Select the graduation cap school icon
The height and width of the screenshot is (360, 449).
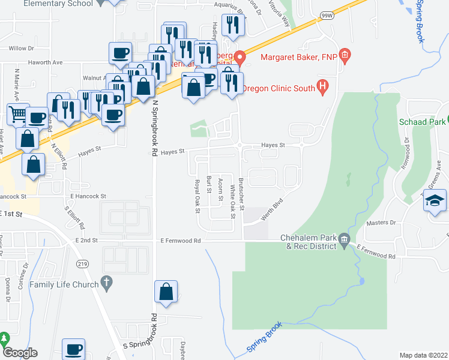tap(435, 200)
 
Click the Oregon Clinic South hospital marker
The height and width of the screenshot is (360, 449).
tap(323, 88)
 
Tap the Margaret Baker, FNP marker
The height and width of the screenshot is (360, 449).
tap(345, 58)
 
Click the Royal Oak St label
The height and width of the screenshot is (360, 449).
tap(196, 196)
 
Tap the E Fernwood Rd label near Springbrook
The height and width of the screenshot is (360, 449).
tap(181, 241)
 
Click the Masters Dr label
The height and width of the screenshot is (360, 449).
tap(381, 223)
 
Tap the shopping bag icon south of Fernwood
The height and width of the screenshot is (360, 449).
tap(166, 292)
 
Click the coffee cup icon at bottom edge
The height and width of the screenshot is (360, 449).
tap(74, 349)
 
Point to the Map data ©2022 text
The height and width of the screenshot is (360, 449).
tap(423, 355)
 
